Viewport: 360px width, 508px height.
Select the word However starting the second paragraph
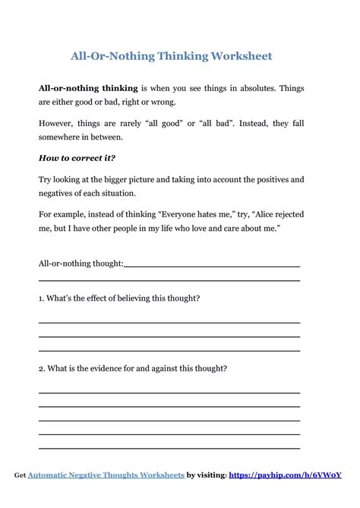(58, 122)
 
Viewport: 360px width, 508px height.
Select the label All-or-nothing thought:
(81, 263)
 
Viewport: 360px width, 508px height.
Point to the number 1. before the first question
(42, 298)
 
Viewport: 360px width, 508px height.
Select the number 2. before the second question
(43, 369)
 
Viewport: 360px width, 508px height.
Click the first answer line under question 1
(169, 323)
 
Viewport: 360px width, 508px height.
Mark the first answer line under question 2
(169, 393)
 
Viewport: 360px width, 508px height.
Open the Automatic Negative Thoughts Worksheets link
(106, 475)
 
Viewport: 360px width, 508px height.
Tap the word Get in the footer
(20, 475)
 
